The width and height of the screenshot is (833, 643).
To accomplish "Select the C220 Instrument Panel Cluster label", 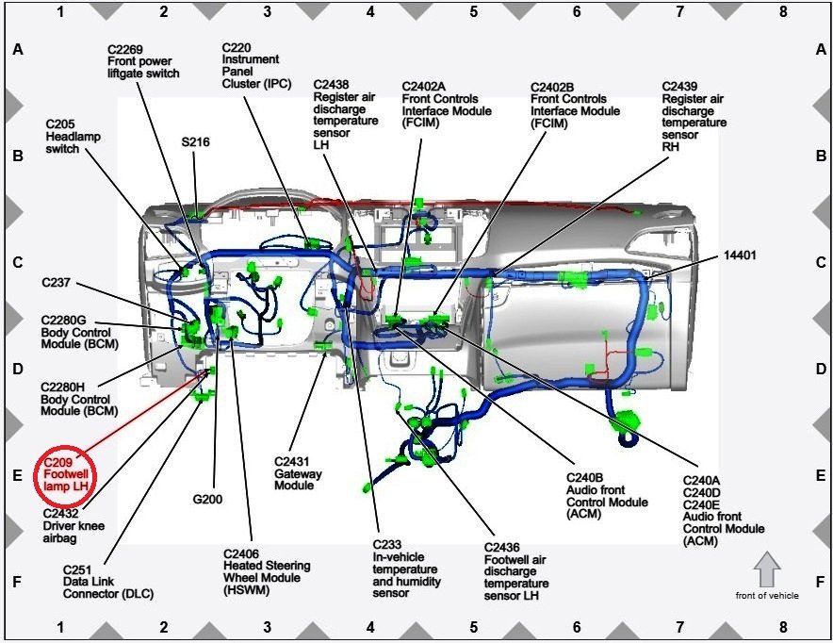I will coord(251,65).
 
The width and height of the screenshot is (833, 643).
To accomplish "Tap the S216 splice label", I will coord(196,142).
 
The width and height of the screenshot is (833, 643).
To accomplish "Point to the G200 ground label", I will coord(206,499).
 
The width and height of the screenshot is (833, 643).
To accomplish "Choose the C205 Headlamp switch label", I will coord(73,136).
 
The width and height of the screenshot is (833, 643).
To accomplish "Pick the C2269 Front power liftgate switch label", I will coord(143,61).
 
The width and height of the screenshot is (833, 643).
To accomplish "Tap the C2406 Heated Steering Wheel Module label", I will coord(267,571).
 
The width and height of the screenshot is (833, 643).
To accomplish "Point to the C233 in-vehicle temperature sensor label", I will coord(404,569).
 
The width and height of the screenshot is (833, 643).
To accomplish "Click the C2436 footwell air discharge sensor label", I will coord(515,571).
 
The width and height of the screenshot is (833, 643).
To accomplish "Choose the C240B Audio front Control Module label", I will coord(607,490).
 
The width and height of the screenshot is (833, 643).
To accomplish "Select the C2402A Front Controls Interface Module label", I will coord(447,105).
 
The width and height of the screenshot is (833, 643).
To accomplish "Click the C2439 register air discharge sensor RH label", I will coord(694,116).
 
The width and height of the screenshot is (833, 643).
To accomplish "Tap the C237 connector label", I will coord(57,282).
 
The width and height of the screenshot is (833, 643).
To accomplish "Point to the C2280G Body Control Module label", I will coord(76,333).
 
